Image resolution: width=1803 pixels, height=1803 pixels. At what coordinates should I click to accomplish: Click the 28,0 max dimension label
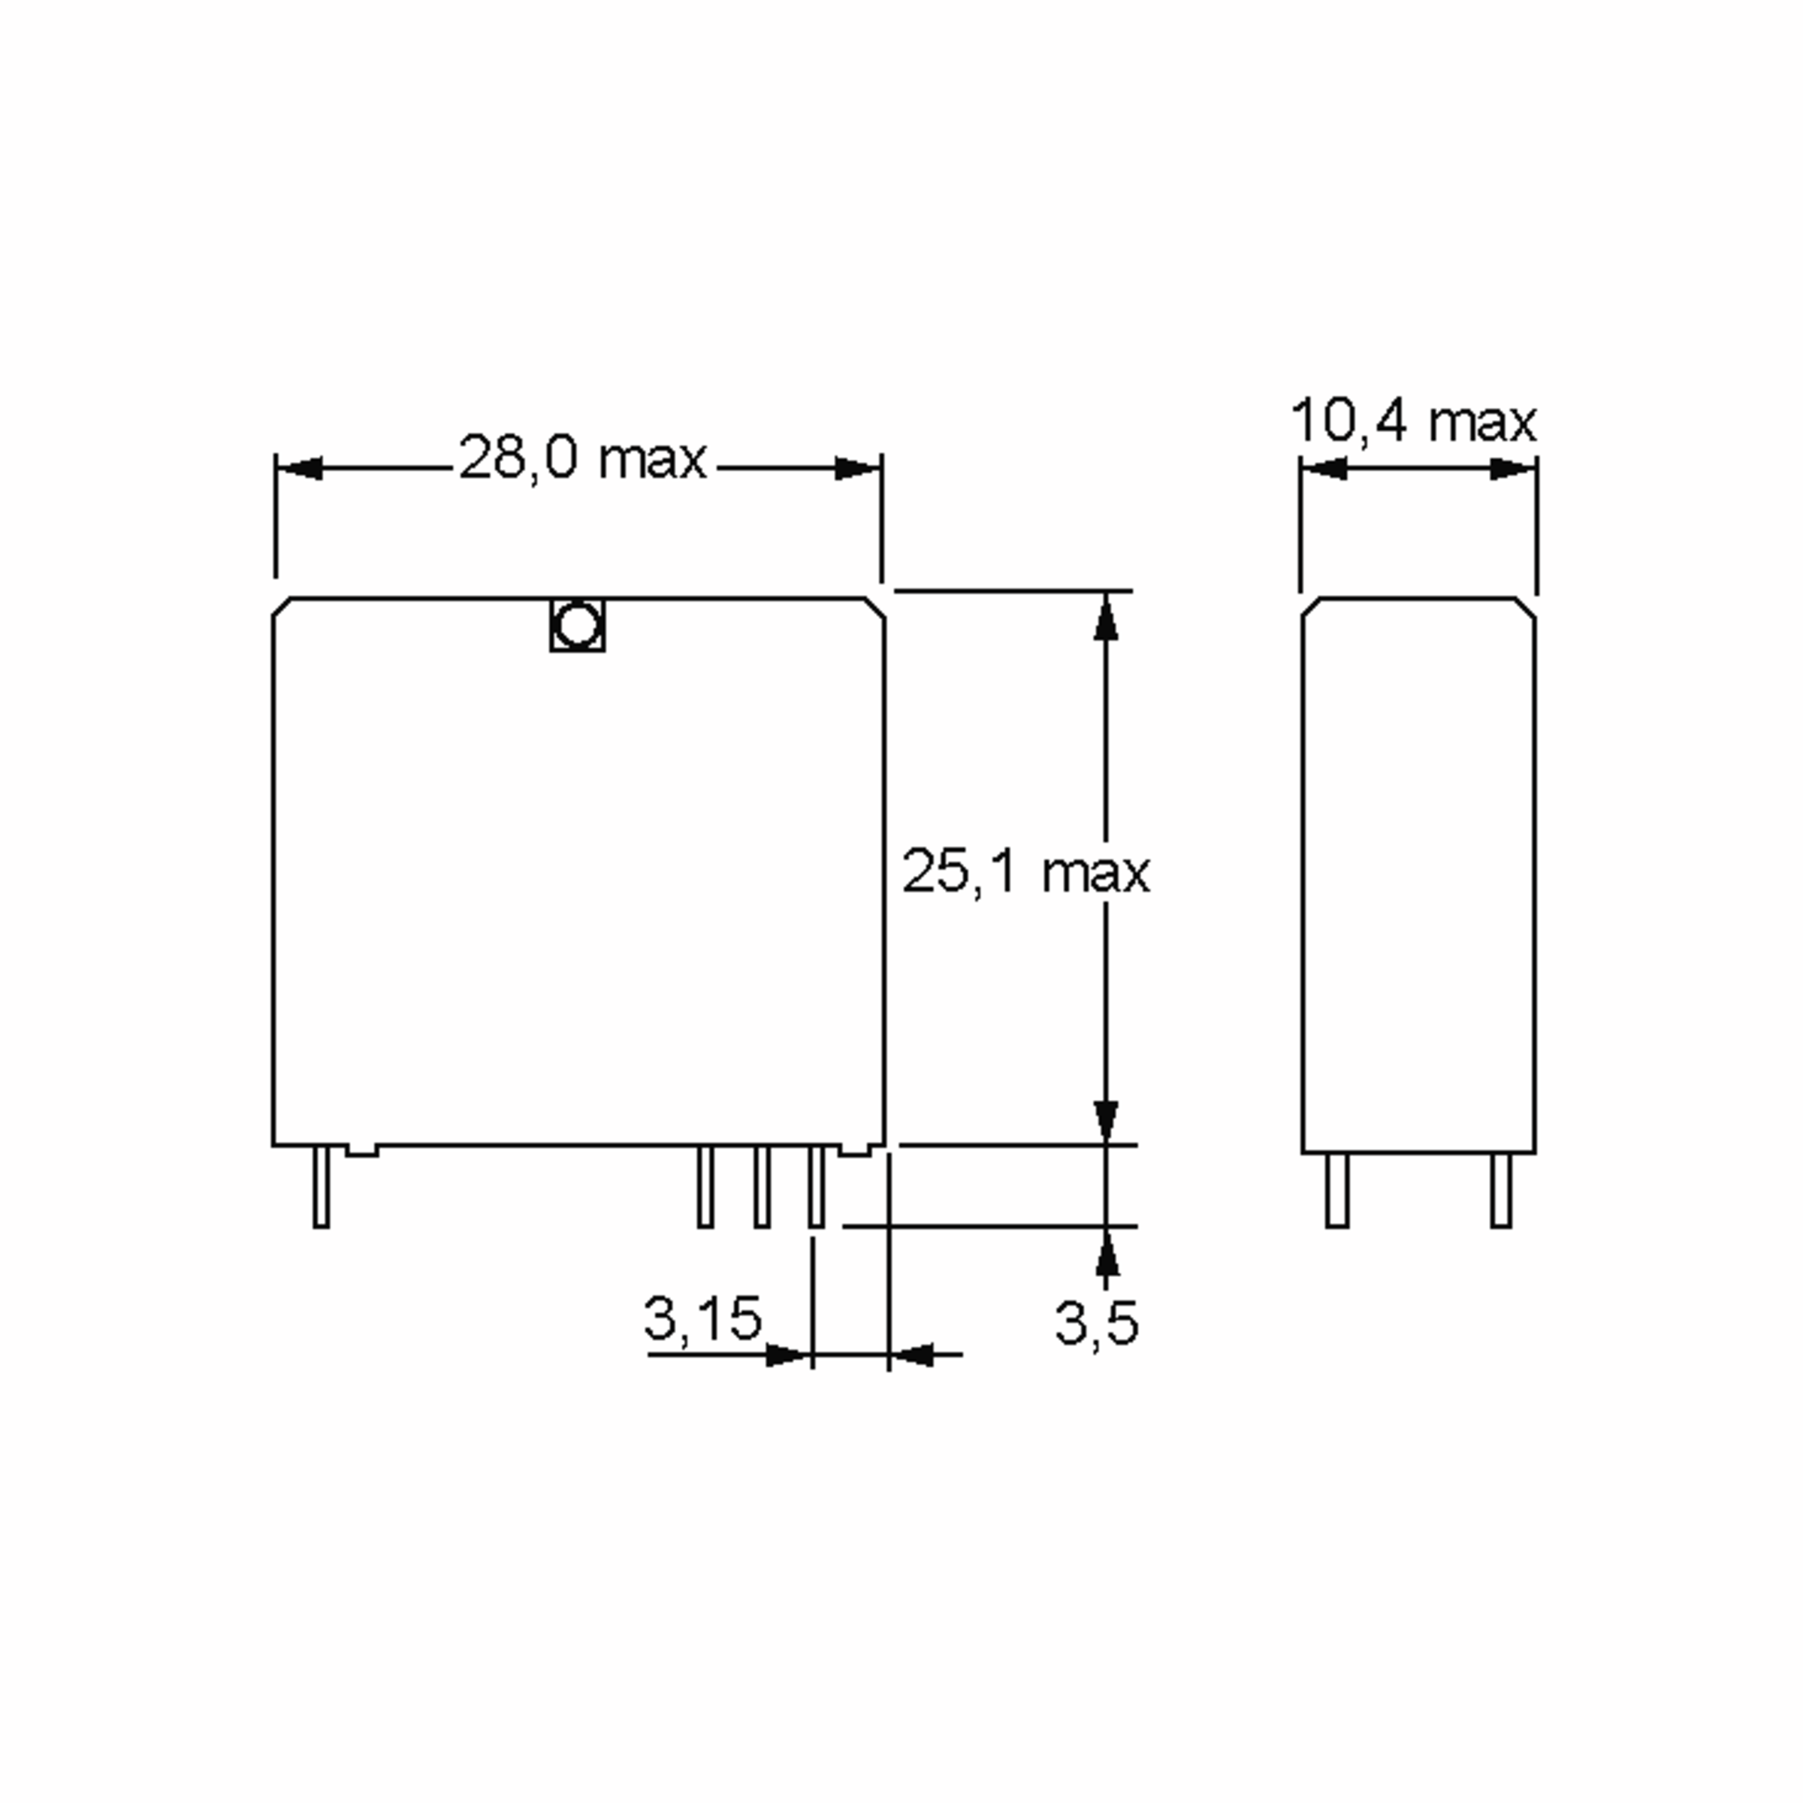(582, 458)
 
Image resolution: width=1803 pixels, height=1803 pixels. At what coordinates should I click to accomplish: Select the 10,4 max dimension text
(1413, 421)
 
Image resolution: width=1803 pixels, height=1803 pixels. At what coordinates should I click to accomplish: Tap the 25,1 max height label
(1025, 871)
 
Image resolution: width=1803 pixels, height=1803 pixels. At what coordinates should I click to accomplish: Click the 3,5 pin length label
(1097, 1322)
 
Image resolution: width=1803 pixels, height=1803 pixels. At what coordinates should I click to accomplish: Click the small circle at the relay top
(577, 625)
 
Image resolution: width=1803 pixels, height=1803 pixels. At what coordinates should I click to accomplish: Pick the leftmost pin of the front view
(321, 1186)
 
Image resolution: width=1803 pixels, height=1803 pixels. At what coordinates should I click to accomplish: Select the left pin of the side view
(1337, 1190)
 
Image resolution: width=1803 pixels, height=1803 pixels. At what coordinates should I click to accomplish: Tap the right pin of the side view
(1501, 1190)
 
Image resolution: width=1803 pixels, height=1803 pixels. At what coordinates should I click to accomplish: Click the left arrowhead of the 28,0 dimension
(300, 469)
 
